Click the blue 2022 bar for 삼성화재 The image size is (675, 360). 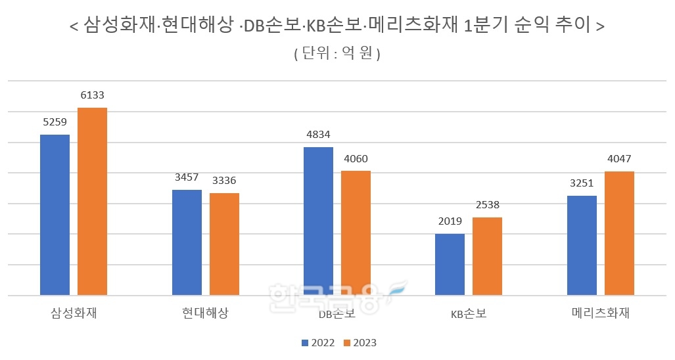coord(55,215)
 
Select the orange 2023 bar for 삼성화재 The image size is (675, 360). coord(92,201)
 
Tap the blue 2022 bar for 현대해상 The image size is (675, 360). coord(187,242)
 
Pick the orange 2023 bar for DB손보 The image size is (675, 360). coord(356,233)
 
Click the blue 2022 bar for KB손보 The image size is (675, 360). coord(450,264)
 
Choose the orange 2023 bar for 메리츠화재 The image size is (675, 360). coord(619,233)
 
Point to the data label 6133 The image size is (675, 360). coord(92,96)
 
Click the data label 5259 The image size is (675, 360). coord(55,122)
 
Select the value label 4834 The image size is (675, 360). coord(318,135)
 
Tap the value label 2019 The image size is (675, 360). coord(450,221)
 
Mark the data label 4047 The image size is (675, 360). coord(619,159)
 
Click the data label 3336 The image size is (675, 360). coord(224,181)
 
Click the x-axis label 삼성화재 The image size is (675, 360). coord(74,313)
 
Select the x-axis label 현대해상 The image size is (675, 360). coord(205,313)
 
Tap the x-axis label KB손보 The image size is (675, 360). coord(469,314)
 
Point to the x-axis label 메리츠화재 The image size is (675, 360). coord(600,313)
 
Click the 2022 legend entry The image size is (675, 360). coord(319,343)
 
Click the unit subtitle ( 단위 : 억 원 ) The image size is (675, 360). coord(337,54)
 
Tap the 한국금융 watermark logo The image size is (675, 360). coord(335,298)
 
